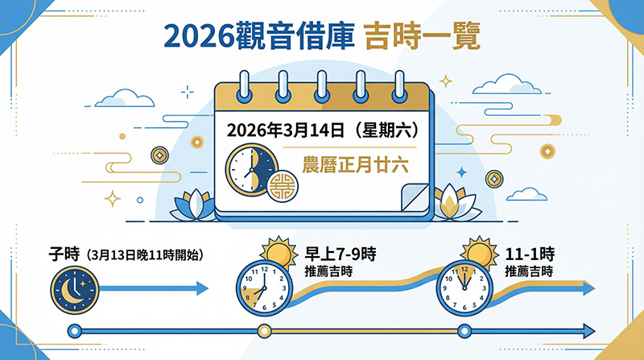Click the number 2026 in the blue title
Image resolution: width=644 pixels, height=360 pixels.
click(200, 37)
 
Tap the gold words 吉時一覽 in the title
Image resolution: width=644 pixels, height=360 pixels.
click(422, 37)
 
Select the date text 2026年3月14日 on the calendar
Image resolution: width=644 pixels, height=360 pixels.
click(286, 130)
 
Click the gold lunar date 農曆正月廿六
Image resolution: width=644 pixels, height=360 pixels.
click(356, 165)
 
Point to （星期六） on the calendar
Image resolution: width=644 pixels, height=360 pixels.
click(387, 130)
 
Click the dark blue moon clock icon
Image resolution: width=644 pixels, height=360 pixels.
click(75, 290)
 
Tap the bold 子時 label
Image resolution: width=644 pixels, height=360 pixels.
click(64, 254)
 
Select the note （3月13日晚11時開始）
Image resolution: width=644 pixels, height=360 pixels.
click(146, 255)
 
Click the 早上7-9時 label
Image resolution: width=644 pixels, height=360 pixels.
click(340, 254)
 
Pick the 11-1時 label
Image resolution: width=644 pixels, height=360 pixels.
click(530, 254)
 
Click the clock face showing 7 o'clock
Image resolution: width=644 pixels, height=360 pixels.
click(265, 288)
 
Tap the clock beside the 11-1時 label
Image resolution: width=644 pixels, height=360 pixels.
click(464, 288)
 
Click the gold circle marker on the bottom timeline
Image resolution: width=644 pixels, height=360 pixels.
click(264, 331)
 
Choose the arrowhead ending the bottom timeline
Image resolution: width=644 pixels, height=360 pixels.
click(588, 331)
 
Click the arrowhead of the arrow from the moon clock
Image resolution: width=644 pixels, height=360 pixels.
click(202, 288)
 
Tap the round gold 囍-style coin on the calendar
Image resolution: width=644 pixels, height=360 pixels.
click(283, 186)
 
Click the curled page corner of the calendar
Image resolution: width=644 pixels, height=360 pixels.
click(415, 197)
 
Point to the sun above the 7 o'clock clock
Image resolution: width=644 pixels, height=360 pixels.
click(279, 251)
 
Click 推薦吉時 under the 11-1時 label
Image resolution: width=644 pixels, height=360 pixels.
click(529, 271)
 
